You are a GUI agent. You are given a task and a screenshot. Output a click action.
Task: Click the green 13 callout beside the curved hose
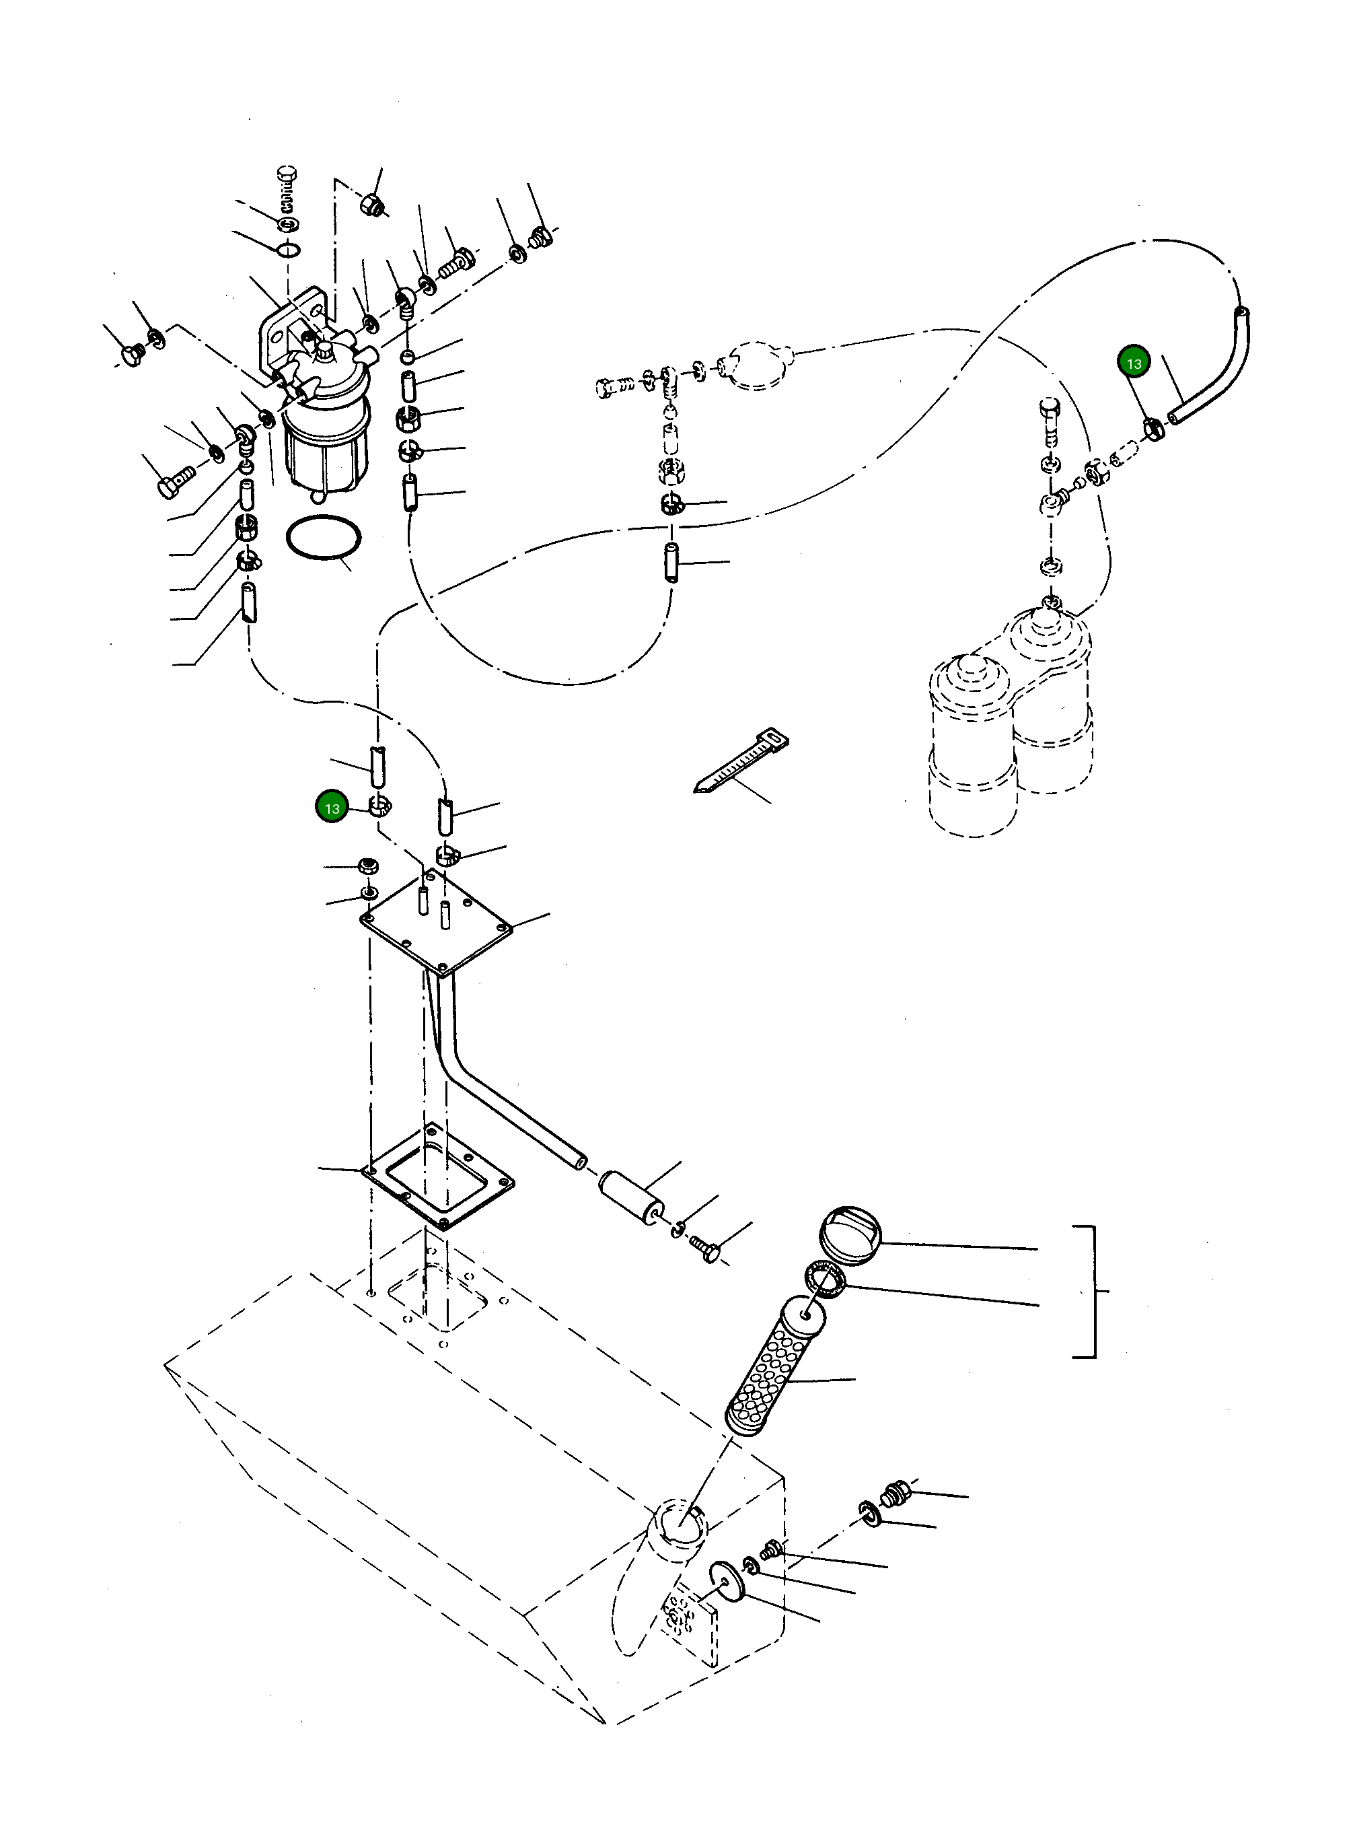1134,362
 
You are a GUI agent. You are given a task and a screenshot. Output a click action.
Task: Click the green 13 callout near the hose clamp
331,808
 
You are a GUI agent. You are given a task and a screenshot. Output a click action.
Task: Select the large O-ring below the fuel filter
323,538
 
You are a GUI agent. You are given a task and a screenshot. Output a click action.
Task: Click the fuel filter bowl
325,446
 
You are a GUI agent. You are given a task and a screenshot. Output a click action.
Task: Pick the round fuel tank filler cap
850,1234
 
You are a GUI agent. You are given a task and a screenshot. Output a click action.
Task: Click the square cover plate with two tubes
437,927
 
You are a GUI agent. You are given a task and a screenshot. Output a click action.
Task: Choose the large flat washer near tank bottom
727,1582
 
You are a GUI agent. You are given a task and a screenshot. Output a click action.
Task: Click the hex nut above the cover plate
368,866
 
